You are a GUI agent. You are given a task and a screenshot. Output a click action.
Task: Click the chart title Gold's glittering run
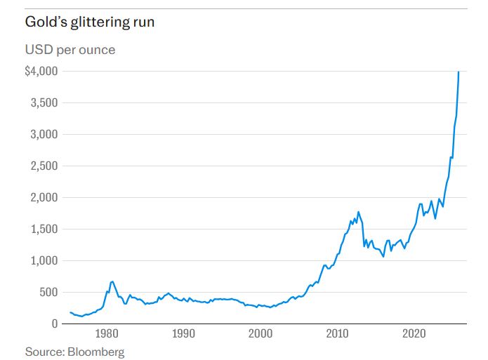(90, 22)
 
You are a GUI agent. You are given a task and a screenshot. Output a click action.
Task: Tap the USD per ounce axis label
(70, 50)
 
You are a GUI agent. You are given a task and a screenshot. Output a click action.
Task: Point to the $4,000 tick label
(41, 72)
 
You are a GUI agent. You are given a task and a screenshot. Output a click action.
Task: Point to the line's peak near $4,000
(459, 72)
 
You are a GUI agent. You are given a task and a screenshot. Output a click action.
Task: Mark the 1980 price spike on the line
(112, 281)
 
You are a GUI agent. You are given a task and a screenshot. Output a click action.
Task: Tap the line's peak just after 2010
(358, 211)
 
